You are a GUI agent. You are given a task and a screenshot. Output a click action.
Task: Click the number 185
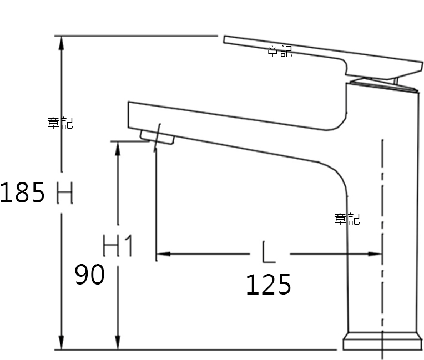[x=22, y=192]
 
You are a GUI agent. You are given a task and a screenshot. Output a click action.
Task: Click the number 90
[x=89, y=275]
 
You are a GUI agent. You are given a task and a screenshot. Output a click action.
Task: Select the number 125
[x=269, y=285]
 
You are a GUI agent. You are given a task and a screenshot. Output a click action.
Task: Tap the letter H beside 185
[x=65, y=192]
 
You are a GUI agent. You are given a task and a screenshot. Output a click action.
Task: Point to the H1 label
[x=118, y=245]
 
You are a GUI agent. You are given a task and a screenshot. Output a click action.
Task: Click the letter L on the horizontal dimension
[x=269, y=252]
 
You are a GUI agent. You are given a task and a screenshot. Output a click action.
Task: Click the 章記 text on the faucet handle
[x=279, y=52]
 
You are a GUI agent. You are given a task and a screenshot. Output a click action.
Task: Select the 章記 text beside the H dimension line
[x=60, y=123]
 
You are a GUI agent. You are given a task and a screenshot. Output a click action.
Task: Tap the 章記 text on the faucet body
[x=347, y=219]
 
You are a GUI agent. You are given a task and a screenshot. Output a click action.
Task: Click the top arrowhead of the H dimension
[x=62, y=43]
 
